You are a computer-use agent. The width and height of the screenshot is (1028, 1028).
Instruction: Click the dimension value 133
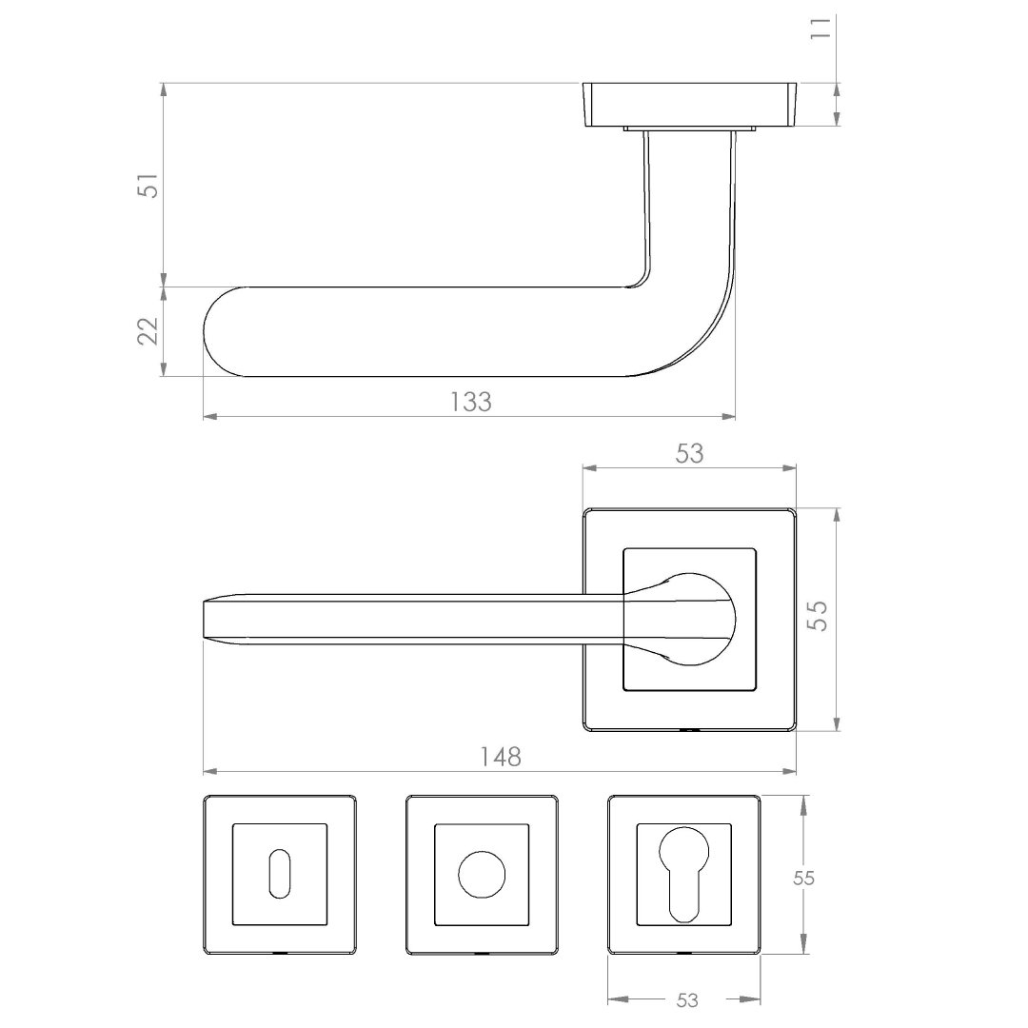(471, 402)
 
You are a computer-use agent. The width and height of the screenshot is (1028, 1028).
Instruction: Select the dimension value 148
(501, 758)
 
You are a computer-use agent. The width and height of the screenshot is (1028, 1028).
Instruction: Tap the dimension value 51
(148, 186)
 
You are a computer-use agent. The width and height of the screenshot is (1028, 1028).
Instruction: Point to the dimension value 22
(148, 331)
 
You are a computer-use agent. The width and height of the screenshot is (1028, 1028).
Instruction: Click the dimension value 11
(820, 29)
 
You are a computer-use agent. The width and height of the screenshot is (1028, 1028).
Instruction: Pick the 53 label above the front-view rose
(690, 454)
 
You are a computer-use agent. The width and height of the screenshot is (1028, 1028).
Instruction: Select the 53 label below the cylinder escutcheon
(687, 1000)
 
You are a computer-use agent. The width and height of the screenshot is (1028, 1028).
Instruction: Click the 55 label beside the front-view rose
(818, 616)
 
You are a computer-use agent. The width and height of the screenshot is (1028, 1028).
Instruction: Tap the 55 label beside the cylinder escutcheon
(803, 878)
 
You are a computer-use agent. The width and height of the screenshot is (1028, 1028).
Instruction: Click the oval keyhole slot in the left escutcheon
(279, 875)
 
